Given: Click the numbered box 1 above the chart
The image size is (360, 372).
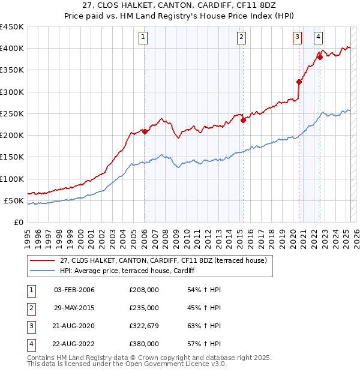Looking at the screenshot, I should click(144, 37).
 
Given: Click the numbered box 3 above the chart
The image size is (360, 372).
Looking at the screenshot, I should click(297, 37).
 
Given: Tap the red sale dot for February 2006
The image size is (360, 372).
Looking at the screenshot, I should click(145, 131).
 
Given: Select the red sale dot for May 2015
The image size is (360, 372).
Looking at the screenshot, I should click(243, 120).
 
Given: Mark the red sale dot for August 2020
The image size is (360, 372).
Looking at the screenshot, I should click(299, 82).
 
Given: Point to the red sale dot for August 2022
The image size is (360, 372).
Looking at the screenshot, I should click(320, 58).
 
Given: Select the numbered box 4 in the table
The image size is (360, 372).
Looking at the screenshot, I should click(29, 344).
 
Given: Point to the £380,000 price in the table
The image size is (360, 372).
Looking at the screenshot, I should click(144, 344).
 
